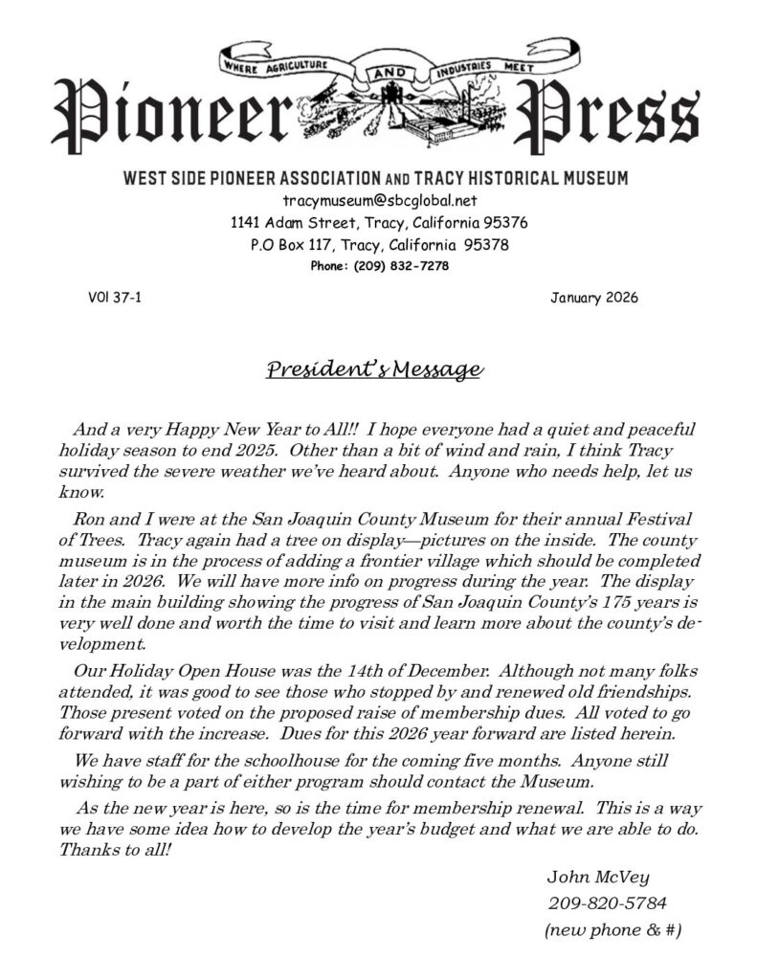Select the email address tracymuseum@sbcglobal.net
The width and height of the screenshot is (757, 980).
379,201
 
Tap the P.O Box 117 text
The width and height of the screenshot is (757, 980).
291,245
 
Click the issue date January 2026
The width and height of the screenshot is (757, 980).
594,298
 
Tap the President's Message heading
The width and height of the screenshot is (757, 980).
373,370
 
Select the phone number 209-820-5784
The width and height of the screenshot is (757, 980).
608,902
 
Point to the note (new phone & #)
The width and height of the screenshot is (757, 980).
612,929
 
